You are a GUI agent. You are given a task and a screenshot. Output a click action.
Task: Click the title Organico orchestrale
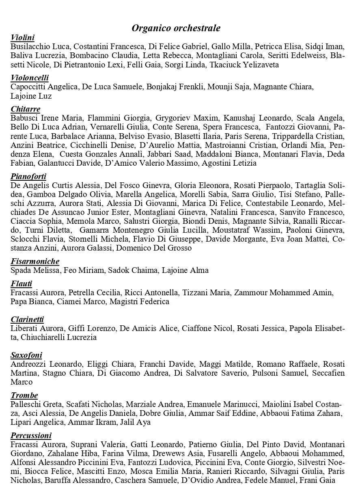[176, 28]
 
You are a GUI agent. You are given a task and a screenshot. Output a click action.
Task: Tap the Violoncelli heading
[30, 78]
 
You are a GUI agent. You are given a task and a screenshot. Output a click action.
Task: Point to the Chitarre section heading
[25, 109]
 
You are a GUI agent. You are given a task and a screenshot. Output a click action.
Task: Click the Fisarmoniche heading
[35, 261]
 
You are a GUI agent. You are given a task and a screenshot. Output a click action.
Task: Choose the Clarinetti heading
[27, 320]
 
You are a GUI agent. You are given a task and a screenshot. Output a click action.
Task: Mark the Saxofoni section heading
[26, 355]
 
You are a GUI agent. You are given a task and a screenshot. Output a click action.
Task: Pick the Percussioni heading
[31, 436]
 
